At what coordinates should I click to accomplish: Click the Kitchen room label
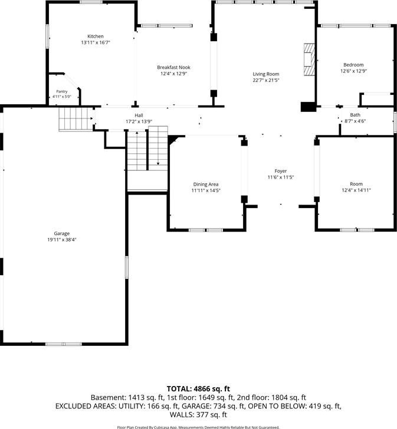(96, 36)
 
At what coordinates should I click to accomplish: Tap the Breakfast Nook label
(173, 67)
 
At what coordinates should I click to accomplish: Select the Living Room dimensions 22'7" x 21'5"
(266, 80)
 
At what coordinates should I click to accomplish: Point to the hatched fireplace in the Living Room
(309, 59)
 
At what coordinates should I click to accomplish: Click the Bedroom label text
(353, 65)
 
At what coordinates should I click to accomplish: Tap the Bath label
(355, 115)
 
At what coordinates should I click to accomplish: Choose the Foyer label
(281, 171)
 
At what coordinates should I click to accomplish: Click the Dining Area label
(206, 184)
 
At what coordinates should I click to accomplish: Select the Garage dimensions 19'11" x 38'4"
(61, 240)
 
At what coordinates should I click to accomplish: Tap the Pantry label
(62, 91)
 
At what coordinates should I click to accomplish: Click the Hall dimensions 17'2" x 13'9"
(139, 121)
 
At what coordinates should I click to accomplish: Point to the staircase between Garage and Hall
(76, 119)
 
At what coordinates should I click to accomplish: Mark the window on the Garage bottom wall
(64, 344)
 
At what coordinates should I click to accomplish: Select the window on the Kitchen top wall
(91, 2)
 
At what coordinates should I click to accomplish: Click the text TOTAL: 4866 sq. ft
(198, 389)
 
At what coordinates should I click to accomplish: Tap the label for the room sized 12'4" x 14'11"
(356, 184)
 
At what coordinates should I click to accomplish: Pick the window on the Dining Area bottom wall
(206, 230)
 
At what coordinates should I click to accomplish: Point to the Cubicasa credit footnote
(198, 427)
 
